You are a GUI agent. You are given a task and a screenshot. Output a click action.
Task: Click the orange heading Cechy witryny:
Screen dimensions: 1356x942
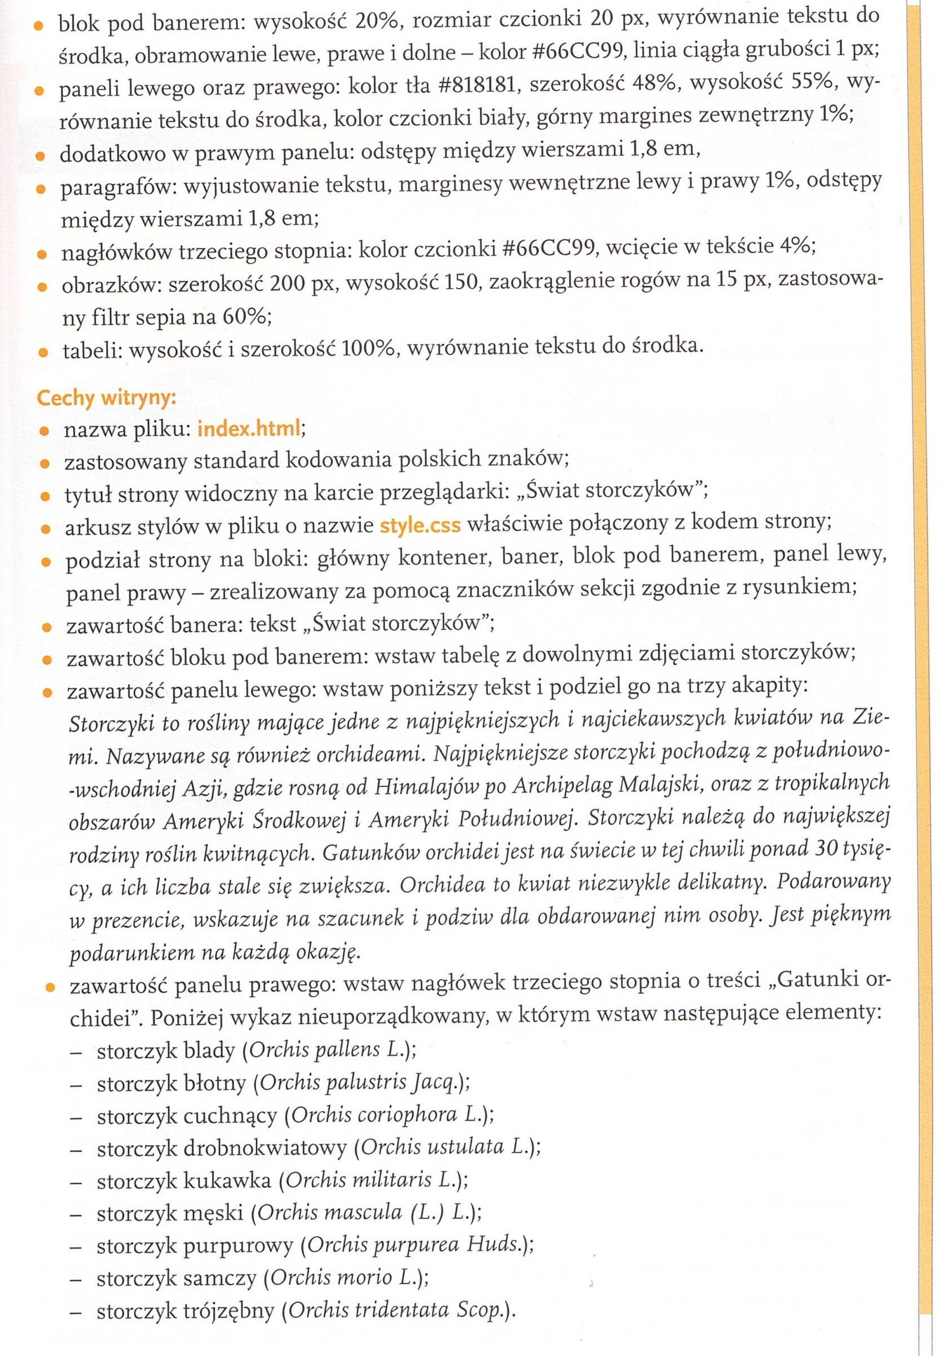(106, 398)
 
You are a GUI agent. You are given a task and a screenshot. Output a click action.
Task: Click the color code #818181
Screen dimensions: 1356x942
(480, 88)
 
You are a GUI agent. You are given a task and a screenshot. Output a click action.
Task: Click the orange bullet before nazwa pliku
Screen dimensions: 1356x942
(43, 431)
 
